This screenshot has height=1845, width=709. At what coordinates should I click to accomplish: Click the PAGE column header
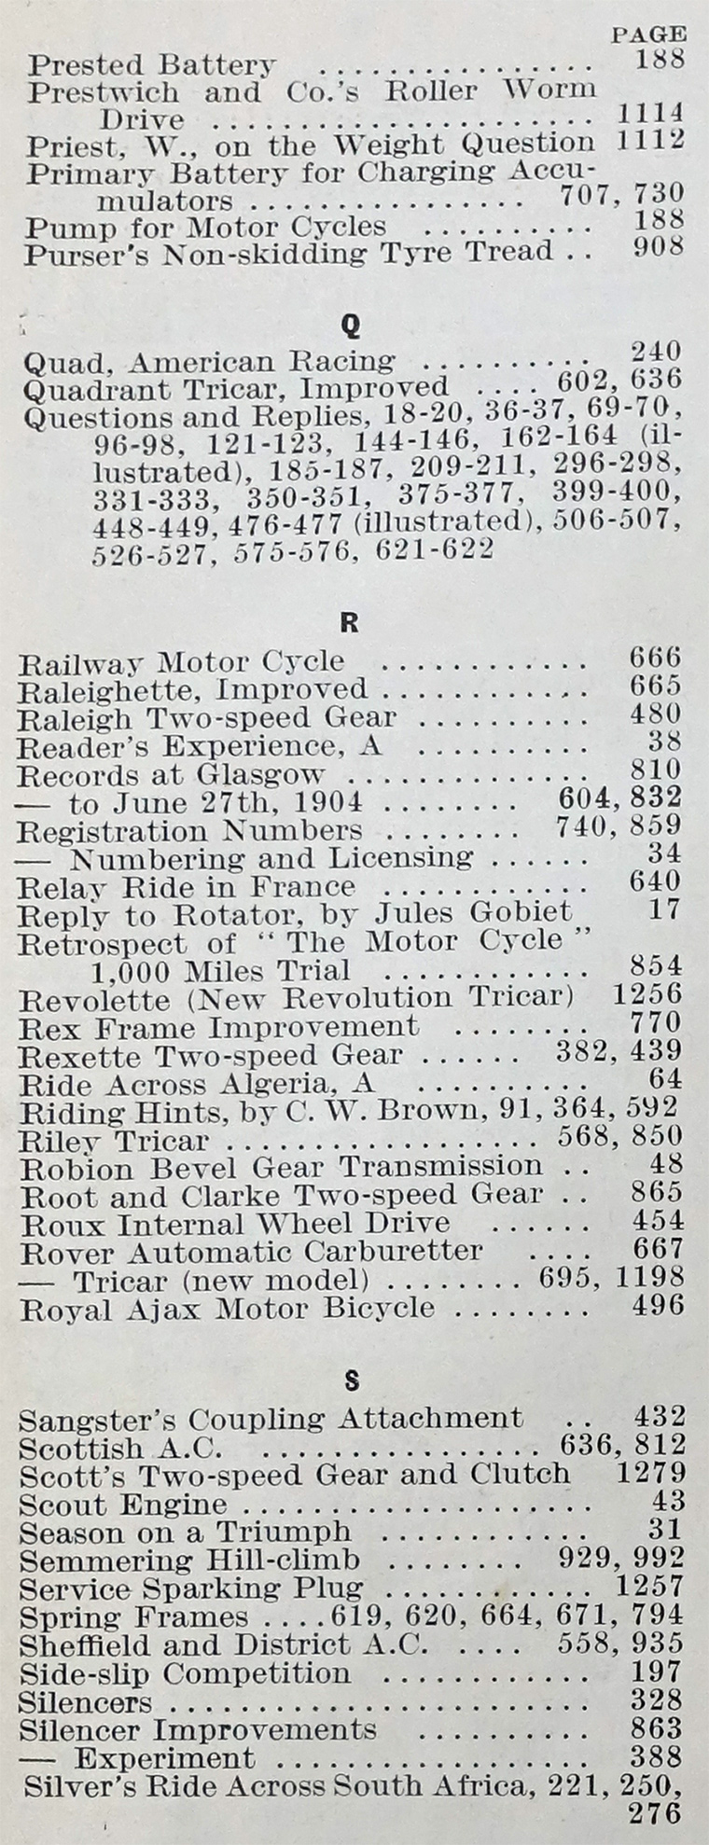pyautogui.click(x=648, y=35)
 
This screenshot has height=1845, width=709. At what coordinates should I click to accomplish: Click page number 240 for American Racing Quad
pyautogui.click(x=656, y=352)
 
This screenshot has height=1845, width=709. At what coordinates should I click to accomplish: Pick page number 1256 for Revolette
pyautogui.click(x=647, y=993)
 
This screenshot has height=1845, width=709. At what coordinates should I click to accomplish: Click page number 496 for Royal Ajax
pyautogui.click(x=658, y=1306)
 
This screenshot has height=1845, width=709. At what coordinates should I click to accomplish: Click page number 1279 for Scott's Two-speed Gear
pyautogui.click(x=650, y=1475)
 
